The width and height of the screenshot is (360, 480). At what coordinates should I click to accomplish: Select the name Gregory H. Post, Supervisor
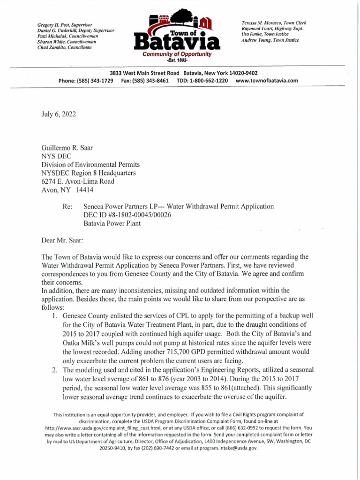coord(64,24)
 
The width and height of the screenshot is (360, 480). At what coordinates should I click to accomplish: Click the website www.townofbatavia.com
coord(267,81)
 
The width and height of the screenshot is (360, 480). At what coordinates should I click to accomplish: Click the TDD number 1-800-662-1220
coord(209,81)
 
